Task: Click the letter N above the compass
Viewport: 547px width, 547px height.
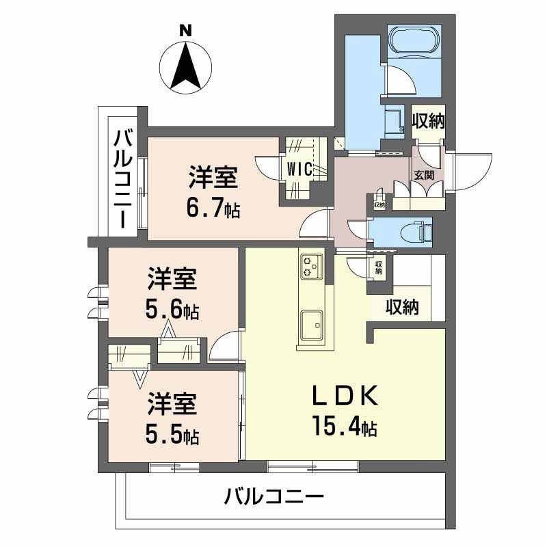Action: tap(185, 30)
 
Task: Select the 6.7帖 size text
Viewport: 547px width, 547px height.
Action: tap(213, 208)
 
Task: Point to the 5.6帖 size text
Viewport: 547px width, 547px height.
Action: tap(172, 310)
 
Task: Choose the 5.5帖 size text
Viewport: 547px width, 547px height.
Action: tap(172, 434)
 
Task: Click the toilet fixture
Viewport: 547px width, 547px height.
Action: tap(419, 230)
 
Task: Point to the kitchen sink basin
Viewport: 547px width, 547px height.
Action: tap(312, 323)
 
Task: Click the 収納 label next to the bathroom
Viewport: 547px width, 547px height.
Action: tap(429, 121)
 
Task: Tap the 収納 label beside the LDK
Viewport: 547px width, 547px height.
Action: tap(401, 308)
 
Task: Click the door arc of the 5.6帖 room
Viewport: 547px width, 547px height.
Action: tap(226, 345)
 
